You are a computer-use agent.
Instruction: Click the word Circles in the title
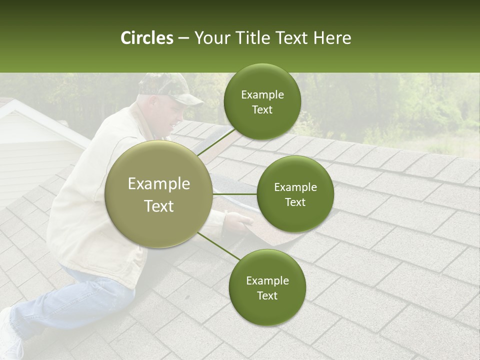click(147, 38)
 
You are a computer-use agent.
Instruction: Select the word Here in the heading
click(332, 38)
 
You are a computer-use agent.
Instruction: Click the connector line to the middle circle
click(234, 194)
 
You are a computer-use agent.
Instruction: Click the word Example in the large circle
click(159, 184)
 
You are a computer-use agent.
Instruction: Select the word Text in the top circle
click(262, 109)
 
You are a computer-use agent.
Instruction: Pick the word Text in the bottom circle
click(267, 295)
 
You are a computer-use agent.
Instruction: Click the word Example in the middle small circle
click(295, 187)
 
